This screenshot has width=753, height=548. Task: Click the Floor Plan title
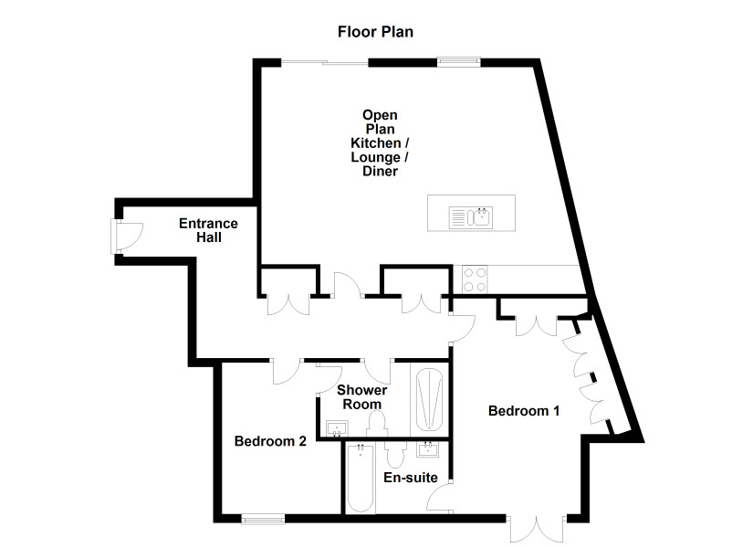coord(375,32)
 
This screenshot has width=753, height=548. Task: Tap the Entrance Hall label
coord(208,230)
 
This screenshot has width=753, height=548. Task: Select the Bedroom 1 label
coord(524,411)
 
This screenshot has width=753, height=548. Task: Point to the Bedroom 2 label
coord(270,441)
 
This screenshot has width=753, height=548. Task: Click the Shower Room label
coord(361,397)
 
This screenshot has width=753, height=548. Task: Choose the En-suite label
coord(411,478)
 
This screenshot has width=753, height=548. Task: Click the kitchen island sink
coord(471,217)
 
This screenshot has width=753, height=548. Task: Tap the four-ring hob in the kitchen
coord(474,279)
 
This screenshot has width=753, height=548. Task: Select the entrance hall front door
coord(127,236)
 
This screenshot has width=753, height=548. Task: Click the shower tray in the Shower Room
coord(429,399)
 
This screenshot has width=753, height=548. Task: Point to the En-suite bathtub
coord(361,479)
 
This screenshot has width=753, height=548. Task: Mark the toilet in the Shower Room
coord(376,426)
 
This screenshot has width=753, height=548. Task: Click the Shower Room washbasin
coord(337,427)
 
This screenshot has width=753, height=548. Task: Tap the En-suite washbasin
coord(427,449)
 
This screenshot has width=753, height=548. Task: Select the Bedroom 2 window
coord(263,519)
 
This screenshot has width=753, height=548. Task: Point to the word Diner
coord(380,171)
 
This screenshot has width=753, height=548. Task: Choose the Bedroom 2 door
coord(288,372)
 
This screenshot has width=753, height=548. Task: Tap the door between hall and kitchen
coord(349,285)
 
